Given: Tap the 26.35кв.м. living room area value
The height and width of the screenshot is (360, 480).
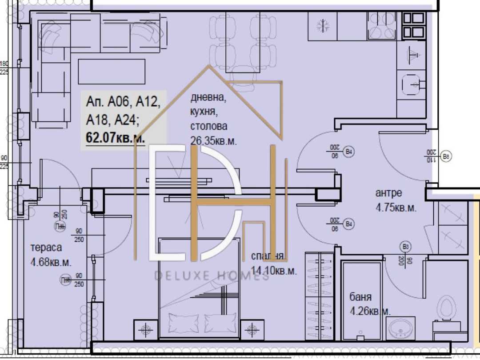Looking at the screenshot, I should (213, 141).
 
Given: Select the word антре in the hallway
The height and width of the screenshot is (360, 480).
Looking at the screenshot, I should (388, 193).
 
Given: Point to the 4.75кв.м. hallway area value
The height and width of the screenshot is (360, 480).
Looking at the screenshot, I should (396, 208).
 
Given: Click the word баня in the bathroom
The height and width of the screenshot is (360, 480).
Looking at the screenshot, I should (360, 297).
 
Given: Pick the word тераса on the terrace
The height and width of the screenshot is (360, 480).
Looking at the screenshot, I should (46, 248).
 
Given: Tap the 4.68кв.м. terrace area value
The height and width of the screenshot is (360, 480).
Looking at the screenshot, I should (51, 262).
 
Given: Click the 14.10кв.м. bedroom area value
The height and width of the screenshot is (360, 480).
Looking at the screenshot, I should (273, 270).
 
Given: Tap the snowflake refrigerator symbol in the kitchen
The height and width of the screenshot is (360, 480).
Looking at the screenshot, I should (322, 26).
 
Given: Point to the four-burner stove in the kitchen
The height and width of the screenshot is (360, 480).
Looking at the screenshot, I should (381, 26).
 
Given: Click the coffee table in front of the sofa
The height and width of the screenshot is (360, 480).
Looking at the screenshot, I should (112, 71).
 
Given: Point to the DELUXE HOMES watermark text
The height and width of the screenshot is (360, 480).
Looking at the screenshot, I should (212, 276).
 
